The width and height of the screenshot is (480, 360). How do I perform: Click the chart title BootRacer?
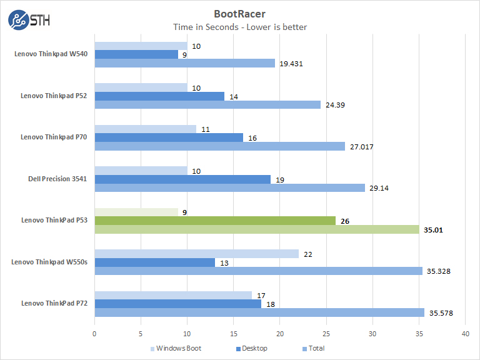[240, 12]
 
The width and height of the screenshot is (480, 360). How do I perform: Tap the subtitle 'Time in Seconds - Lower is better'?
[240, 27]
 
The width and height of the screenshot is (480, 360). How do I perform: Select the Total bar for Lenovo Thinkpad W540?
[184, 63]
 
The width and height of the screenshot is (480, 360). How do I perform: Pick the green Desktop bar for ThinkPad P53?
[214, 221]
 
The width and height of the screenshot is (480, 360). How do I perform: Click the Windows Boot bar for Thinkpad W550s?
[196, 253]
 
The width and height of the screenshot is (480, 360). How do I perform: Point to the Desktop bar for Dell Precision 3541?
[182, 179]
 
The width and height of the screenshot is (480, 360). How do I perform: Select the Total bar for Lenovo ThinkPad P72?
[259, 312]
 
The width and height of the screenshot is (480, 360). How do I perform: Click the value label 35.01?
[434, 229]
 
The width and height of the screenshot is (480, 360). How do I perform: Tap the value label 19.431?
[292, 63]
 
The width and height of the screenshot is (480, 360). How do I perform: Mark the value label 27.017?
[362, 146]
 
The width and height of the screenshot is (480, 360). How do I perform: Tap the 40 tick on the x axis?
[465, 334]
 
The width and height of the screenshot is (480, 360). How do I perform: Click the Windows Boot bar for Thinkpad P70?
[145, 129]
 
